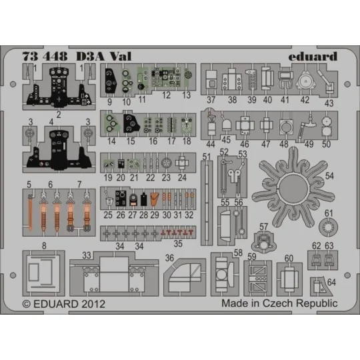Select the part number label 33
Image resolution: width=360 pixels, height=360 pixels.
[x=86, y=255]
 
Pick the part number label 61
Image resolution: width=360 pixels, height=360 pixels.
[x=328, y=213]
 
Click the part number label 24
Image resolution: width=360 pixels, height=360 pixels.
[x=182, y=178]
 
